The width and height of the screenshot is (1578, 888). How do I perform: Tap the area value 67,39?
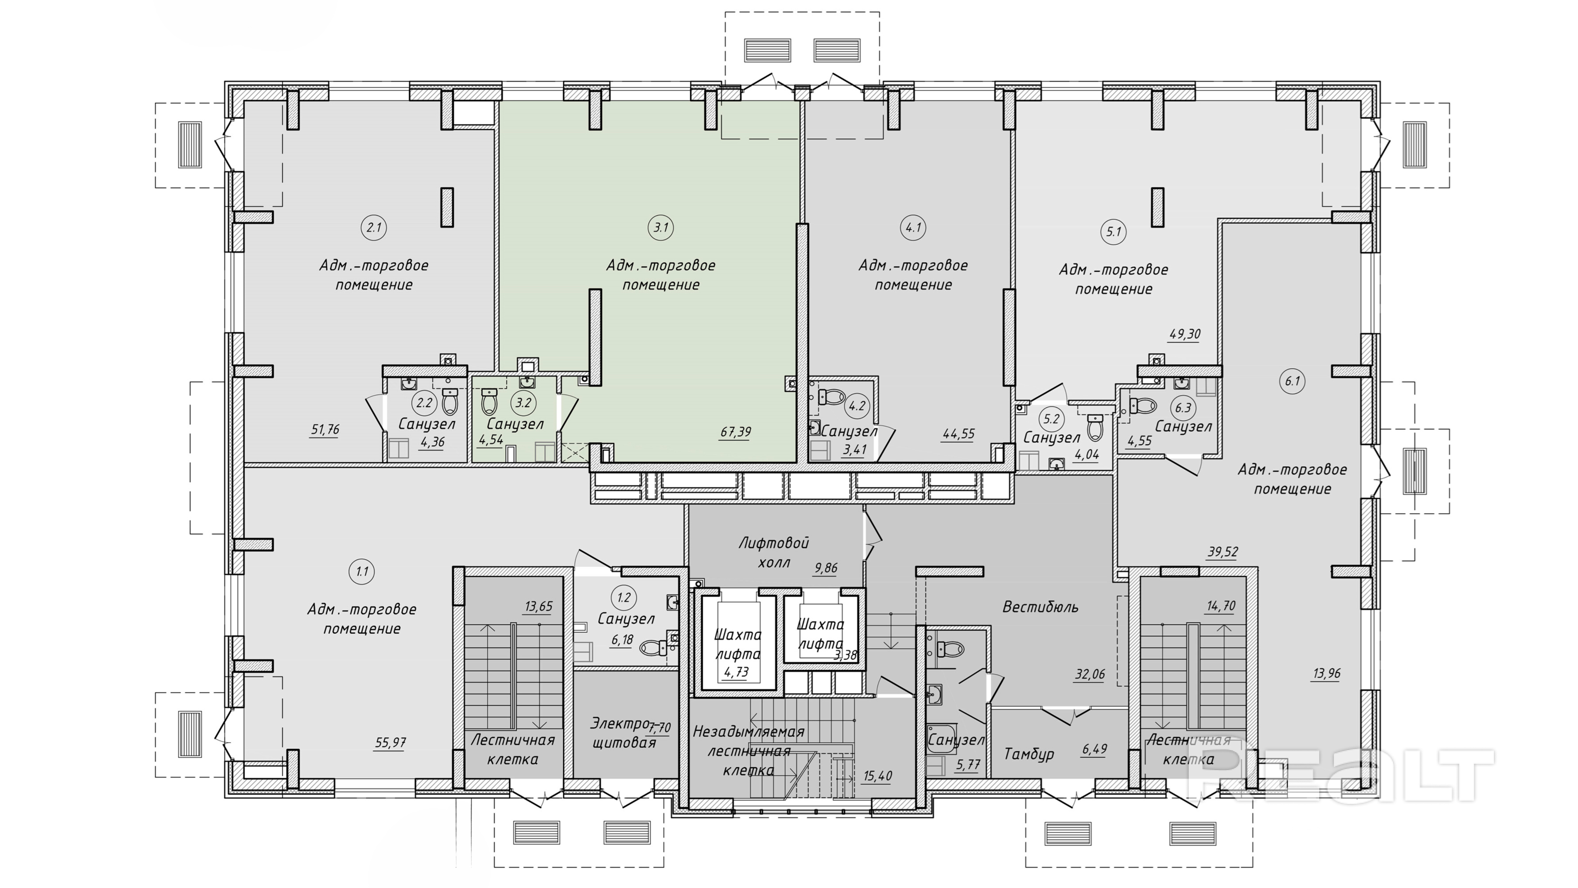coord(735,432)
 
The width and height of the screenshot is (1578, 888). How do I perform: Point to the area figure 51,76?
coord(325,430)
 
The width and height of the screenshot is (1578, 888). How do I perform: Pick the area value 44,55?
coord(959,434)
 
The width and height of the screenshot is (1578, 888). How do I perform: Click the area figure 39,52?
coord(1223,551)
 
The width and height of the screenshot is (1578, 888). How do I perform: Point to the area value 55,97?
coord(390,743)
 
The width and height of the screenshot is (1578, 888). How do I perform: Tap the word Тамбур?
coord(1029,754)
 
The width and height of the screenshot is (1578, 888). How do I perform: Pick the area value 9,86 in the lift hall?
coord(826,568)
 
